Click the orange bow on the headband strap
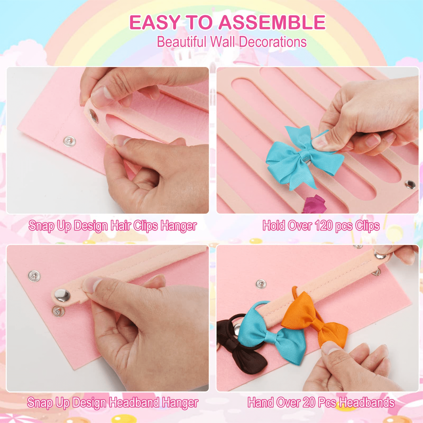point(315,317)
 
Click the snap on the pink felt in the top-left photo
point(69,141)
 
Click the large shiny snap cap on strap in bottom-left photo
point(62,295)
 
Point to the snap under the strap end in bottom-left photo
point(58,310)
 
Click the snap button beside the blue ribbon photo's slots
point(410,184)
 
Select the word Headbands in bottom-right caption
point(367,402)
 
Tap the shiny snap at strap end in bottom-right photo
point(380,255)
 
